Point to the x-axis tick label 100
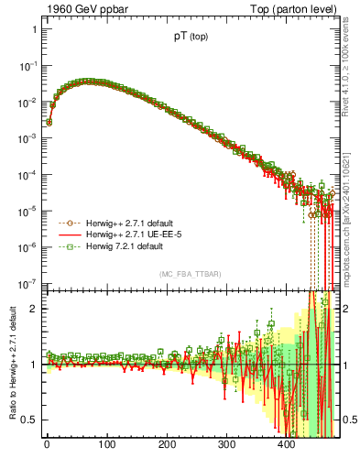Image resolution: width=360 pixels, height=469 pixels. coord(106,445)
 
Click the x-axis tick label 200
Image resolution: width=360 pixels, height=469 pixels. coord(167,445)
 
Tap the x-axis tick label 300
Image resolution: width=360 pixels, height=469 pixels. coord(226,445)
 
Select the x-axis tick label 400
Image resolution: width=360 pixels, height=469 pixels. coord(287,445)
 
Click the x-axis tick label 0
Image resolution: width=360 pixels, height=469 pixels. coord(47,445)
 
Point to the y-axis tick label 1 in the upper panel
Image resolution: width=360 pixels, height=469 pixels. coord(32,30)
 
